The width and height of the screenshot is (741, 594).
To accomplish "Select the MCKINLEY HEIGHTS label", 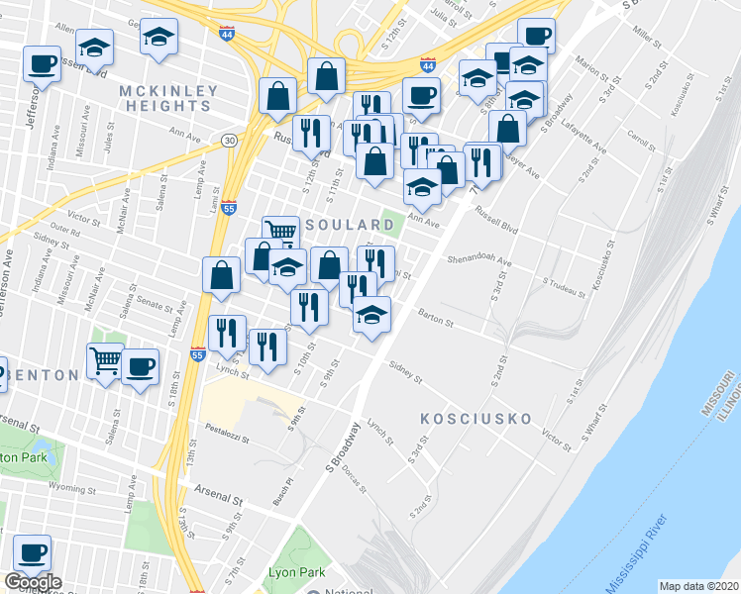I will [168, 99].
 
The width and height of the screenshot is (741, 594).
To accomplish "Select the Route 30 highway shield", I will [229, 140].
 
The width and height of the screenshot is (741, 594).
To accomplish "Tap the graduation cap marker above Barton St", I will [371, 316].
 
